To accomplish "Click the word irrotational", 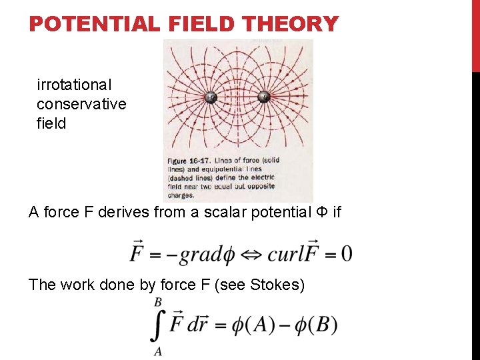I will point(75,85).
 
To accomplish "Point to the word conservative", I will point(81,104).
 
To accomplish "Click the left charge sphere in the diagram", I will point(211,97).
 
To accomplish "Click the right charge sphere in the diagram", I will point(263,97).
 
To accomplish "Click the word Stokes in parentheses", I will point(275,285).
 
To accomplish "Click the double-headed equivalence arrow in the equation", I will point(253,254).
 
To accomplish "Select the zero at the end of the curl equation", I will point(346,254).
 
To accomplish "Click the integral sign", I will point(158,326).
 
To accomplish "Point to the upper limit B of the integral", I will point(158,302).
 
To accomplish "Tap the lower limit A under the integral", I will point(158,351).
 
